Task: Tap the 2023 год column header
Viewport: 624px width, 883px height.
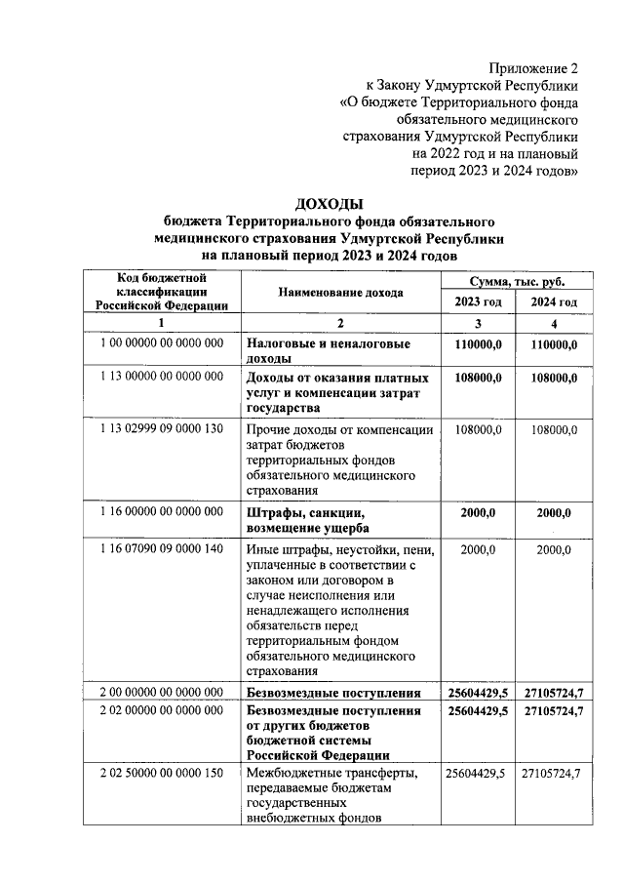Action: (x=478, y=301)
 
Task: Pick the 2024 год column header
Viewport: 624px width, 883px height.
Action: (x=554, y=301)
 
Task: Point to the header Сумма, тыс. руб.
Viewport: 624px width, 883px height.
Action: (x=516, y=280)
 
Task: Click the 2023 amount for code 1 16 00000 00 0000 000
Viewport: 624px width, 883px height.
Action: (x=478, y=513)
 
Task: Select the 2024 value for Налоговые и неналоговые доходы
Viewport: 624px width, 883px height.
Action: (x=554, y=344)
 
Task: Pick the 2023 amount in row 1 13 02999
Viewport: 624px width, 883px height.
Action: (x=478, y=429)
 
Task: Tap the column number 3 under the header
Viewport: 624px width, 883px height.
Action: (x=478, y=323)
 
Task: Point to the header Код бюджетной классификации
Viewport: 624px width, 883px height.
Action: (x=162, y=292)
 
